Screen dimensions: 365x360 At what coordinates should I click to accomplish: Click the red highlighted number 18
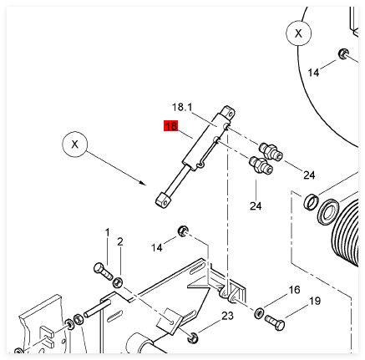pyautogui.click(x=170, y=126)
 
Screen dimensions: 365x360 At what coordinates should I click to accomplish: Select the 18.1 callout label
pyautogui.click(x=182, y=107)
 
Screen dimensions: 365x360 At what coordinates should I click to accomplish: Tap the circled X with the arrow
pyautogui.click(x=74, y=145)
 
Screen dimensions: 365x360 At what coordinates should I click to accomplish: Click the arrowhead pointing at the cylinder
pyautogui.click(x=142, y=182)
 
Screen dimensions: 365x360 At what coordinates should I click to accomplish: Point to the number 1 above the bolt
pyautogui.click(x=107, y=233)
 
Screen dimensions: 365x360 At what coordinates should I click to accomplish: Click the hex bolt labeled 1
pyautogui.click(x=103, y=271)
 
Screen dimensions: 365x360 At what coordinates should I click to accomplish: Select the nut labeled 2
pyautogui.click(x=118, y=282)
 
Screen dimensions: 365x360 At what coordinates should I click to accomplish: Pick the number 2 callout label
pyautogui.click(x=120, y=241)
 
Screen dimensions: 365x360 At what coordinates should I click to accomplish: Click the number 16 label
pyautogui.click(x=294, y=290)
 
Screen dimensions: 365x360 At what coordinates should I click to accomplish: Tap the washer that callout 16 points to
pyautogui.click(x=259, y=312)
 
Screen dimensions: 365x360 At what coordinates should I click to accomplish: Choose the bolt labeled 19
pyautogui.click(x=275, y=322)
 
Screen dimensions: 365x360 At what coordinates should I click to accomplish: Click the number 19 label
pyautogui.click(x=315, y=301)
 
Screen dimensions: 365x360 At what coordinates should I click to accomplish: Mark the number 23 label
pyautogui.click(x=227, y=316)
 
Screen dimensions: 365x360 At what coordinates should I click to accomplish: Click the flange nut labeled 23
pyautogui.click(x=192, y=337)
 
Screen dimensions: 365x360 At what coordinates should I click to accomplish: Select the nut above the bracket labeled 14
pyautogui.click(x=183, y=231)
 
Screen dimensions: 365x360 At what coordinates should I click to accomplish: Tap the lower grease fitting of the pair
pyautogui.click(x=261, y=165)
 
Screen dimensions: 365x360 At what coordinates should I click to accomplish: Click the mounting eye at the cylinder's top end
pyautogui.click(x=229, y=112)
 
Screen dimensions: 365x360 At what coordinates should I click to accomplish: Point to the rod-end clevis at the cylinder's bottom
pyautogui.click(x=163, y=200)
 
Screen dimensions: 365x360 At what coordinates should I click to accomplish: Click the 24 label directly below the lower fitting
pyautogui.click(x=256, y=206)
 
